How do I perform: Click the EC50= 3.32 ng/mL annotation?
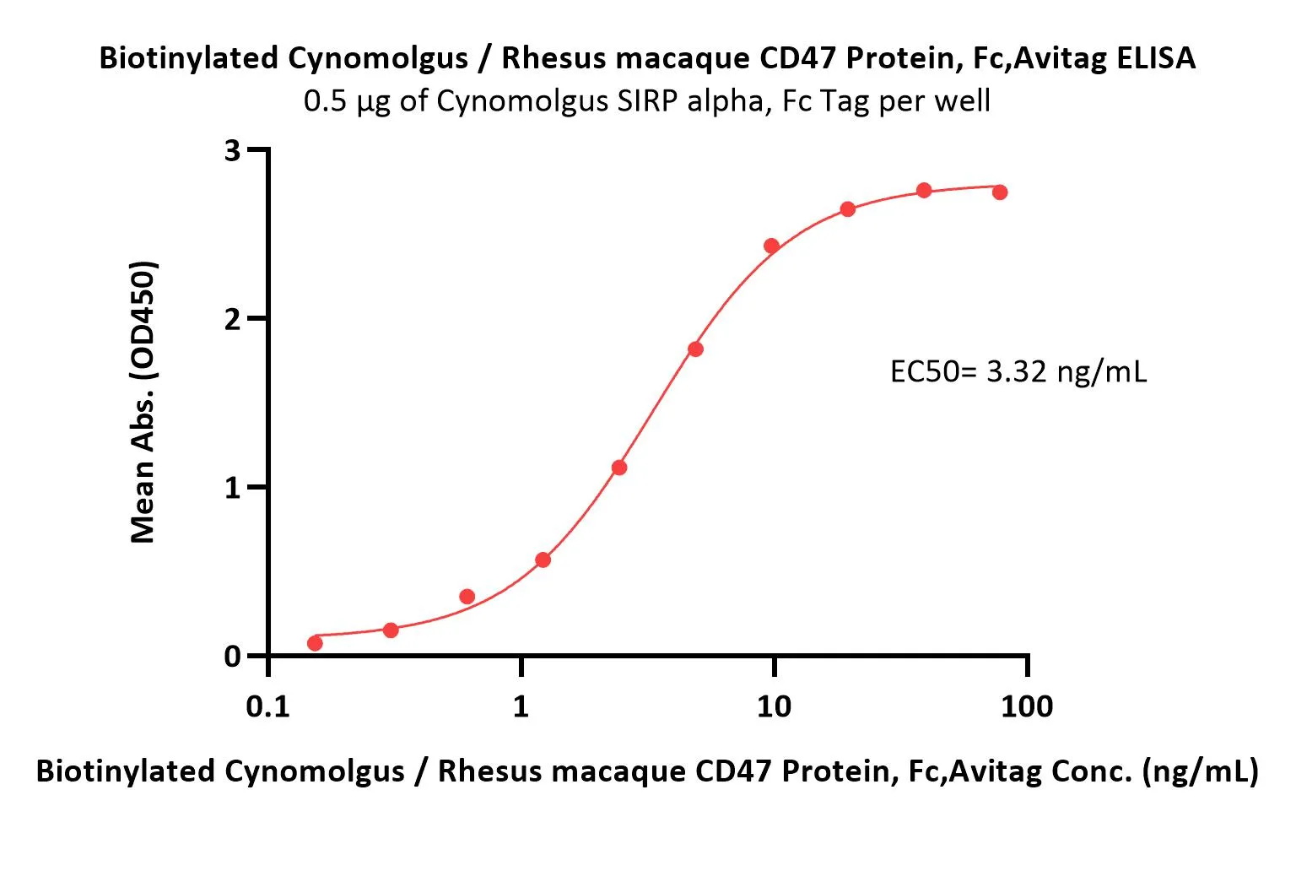[x=1018, y=371]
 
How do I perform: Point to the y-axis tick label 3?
[x=233, y=151]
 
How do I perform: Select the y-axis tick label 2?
[x=233, y=319]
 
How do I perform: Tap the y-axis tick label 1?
[x=233, y=488]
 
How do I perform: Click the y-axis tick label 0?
[x=233, y=657]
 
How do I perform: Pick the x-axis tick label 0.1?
[x=267, y=706]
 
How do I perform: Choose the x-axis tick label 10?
[x=774, y=706]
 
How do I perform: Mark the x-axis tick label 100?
[x=1026, y=706]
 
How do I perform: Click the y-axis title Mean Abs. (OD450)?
[x=143, y=402]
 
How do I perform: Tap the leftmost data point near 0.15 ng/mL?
[x=315, y=643]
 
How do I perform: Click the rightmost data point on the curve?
[x=1000, y=192]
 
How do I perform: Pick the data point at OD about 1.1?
[x=619, y=468]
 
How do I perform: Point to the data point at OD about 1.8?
[x=695, y=349]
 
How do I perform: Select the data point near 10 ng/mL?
[x=771, y=246]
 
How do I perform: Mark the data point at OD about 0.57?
[x=543, y=560]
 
